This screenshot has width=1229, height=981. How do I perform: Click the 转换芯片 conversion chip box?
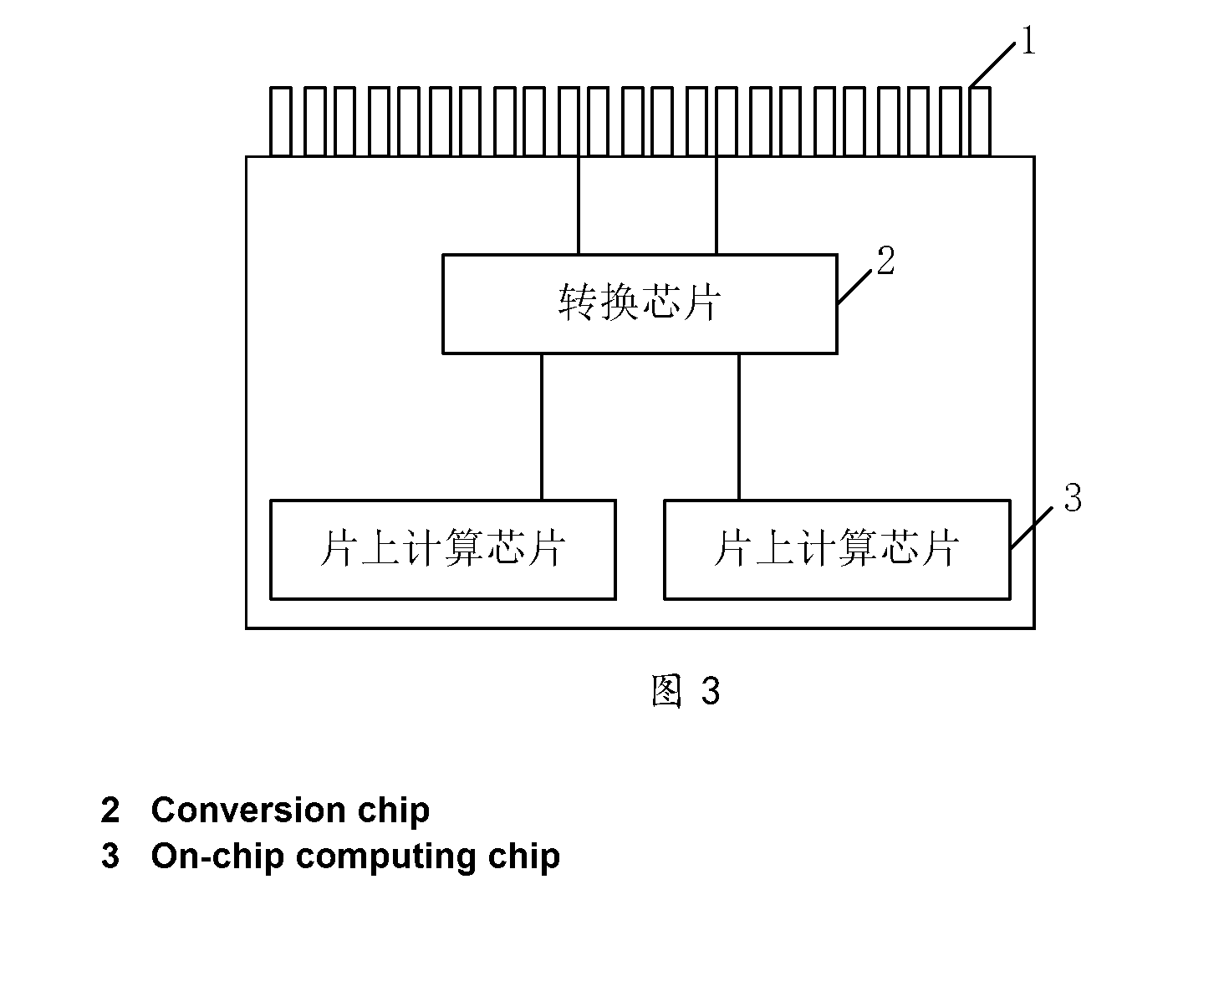pos(640,304)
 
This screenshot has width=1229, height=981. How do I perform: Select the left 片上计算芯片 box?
pos(442,550)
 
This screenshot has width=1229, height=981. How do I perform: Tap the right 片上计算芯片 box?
pos(837,550)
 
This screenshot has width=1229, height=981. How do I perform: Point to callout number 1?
pos(1028,40)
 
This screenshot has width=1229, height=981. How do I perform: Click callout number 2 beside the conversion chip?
pos(885,261)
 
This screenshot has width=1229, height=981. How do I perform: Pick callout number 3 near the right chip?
pos(1073,497)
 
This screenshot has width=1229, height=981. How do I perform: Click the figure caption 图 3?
pos(686,691)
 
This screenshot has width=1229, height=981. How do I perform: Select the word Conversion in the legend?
pos(248,810)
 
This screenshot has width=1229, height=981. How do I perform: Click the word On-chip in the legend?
pos(217,857)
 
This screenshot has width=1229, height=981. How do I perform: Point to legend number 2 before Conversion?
pos(110,810)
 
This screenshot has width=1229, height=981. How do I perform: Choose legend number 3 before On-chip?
pos(110,856)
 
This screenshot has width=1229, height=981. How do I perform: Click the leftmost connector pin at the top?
pos(280,121)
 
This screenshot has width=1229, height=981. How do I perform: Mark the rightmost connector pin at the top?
pos(980,121)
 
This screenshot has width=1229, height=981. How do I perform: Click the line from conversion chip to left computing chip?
pos(542,427)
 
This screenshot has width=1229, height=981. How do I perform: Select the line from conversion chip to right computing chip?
pos(739,427)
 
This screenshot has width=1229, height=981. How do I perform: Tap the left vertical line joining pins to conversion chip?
pos(579,206)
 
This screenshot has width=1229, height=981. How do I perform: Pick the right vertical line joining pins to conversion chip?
pos(716,206)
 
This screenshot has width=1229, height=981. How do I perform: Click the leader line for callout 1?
pos(992,64)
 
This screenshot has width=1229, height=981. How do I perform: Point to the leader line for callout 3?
pos(1032,528)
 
